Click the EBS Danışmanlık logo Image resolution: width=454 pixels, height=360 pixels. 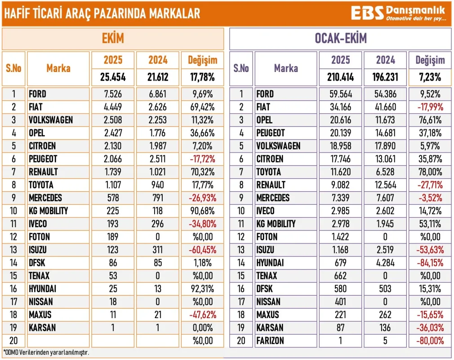(398, 13)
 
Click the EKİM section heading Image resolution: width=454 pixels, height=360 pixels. (112, 39)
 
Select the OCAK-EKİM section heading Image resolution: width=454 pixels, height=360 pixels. (340, 39)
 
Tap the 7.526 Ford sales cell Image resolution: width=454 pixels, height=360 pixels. (112, 94)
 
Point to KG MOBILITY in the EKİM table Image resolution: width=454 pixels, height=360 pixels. (49, 211)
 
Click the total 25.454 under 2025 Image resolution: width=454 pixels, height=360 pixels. (112, 77)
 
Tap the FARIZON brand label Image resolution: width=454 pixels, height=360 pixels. (270, 341)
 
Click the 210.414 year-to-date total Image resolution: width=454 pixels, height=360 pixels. (340, 77)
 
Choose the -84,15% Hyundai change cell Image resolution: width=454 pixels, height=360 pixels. (430, 263)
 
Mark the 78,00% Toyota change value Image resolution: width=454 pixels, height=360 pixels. (430, 172)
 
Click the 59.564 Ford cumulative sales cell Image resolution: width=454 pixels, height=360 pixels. (340, 94)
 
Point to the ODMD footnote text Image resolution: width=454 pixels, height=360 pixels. (46, 352)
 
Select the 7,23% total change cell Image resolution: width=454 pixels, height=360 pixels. (430, 77)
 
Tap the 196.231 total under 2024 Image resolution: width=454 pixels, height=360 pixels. (385, 77)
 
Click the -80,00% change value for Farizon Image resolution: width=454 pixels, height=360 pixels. (430, 341)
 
